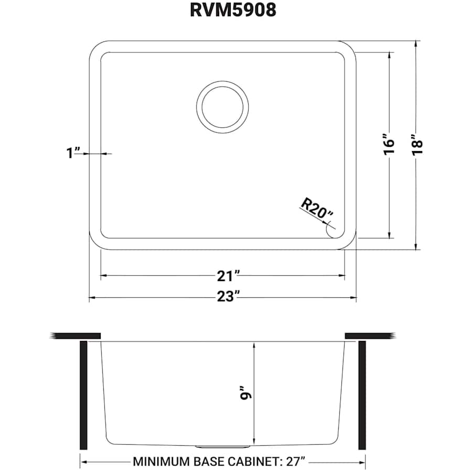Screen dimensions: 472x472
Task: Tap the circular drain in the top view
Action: [221, 103]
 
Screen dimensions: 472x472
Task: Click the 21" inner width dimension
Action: [229, 275]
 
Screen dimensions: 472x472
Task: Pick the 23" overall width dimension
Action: [229, 297]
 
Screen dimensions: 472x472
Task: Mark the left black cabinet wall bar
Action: [83, 395]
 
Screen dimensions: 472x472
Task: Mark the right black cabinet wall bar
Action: [362, 395]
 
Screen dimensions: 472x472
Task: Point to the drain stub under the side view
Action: [222, 446]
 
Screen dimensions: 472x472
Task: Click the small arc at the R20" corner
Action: [330, 230]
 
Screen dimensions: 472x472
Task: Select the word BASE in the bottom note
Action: [209, 462]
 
